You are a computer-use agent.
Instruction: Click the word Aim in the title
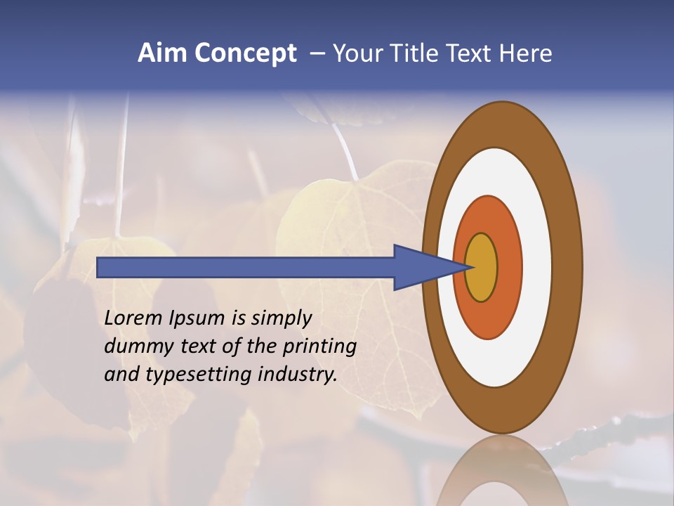tap(162, 54)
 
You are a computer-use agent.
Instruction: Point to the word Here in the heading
tap(527, 54)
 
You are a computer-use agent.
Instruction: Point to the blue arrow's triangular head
tap(418, 267)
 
